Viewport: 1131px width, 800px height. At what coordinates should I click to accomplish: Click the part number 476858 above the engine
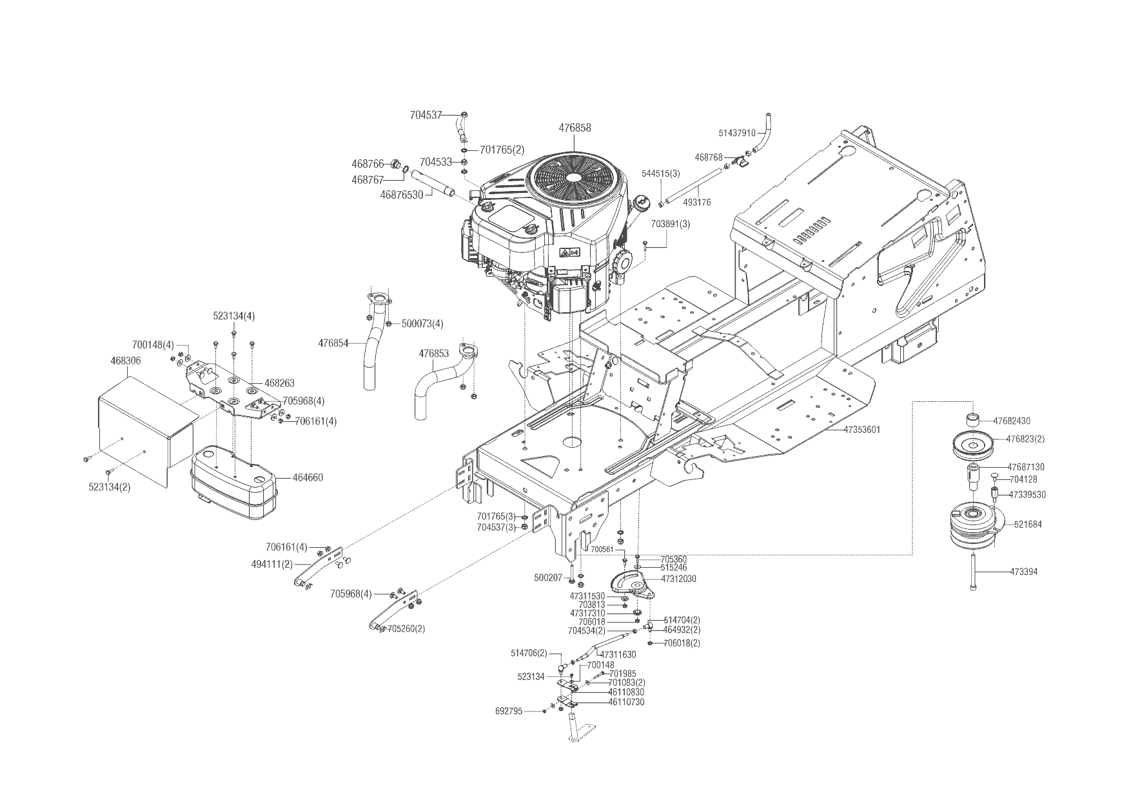[x=575, y=128]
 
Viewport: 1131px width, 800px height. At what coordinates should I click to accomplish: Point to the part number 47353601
[x=862, y=429]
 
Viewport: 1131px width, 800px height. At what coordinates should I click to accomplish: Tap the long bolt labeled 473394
[x=973, y=572]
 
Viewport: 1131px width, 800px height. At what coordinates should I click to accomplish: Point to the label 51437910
[x=737, y=134]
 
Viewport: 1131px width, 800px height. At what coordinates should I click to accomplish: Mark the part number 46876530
[x=402, y=194]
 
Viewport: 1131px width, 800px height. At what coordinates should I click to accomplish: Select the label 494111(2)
[x=272, y=564]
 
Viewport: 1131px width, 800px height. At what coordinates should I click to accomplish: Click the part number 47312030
[x=678, y=579]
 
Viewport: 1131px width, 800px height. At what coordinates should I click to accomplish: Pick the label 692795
[x=509, y=711]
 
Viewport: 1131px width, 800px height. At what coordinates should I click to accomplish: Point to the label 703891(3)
[x=671, y=225]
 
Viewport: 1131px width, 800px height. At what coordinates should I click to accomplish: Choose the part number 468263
[x=279, y=383]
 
